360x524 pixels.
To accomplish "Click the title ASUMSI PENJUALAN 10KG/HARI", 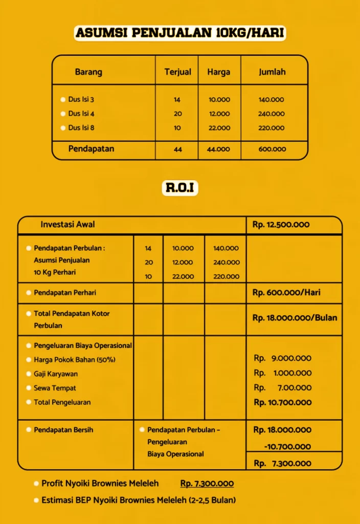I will (179, 34).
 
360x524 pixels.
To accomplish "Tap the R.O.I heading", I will (179, 188).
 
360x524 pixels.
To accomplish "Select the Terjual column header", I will (177, 72).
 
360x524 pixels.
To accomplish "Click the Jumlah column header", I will (272, 72).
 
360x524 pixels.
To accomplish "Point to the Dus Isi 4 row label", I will (81, 114).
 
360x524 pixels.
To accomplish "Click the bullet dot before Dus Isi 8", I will (63, 128).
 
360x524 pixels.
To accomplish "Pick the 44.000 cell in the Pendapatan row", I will (219, 149).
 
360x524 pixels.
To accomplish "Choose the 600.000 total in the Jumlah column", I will (272, 149).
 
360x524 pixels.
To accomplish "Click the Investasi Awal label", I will (67, 225).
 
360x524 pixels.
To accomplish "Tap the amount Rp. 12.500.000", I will (281, 225).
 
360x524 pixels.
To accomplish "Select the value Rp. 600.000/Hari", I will (286, 293).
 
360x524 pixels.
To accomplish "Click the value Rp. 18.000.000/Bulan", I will (295, 318).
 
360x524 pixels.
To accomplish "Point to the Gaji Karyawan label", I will (56, 374).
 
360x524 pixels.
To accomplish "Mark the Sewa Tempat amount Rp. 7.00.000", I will (282, 388).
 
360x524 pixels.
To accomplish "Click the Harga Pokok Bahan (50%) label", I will (75, 360).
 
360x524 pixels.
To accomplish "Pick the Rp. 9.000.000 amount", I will (282, 358).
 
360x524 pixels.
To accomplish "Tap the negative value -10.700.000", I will (287, 447).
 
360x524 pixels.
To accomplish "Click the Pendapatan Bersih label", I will (63, 430).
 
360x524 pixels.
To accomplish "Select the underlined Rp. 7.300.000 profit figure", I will (207, 484).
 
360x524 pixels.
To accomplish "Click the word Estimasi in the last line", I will (58, 500).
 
